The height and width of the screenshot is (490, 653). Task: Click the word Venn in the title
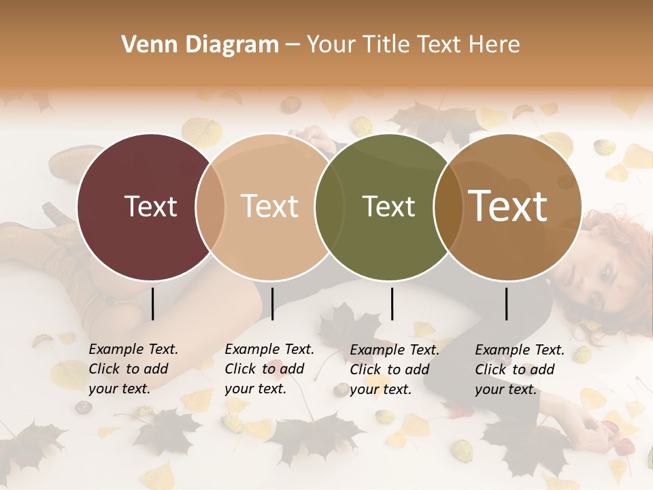pyautogui.click(x=144, y=45)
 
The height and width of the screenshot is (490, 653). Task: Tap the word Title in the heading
pyautogui.click(x=386, y=45)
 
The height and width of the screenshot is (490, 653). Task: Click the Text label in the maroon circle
pyautogui.click(x=150, y=206)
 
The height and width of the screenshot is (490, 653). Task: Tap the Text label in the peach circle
pyautogui.click(x=270, y=206)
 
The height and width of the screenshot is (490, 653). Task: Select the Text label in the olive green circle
pyautogui.click(x=388, y=206)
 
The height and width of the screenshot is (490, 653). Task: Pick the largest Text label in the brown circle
pyautogui.click(x=508, y=206)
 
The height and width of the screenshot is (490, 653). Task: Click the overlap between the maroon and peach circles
pyautogui.click(x=210, y=207)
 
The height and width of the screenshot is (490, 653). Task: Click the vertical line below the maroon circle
pyautogui.click(x=152, y=304)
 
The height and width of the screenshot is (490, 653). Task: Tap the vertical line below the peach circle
pyautogui.click(x=272, y=304)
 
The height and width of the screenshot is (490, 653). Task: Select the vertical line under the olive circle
pyautogui.click(x=392, y=304)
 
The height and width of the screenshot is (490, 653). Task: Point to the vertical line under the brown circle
pyautogui.click(x=506, y=304)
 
